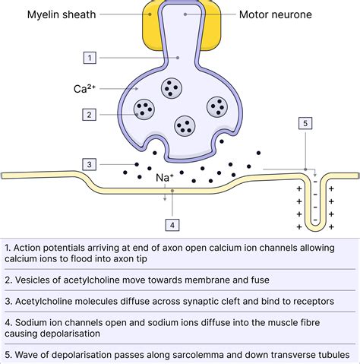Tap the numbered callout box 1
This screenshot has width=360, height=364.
click(x=90, y=57)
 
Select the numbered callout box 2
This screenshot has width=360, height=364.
click(x=90, y=114)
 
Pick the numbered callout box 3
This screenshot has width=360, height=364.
click(x=90, y=164)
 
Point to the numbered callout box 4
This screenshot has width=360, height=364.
click(x=172, y=224)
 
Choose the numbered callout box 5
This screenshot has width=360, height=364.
click(x=305, y=123)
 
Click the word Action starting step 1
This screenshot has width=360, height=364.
click(x=30, y=247)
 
